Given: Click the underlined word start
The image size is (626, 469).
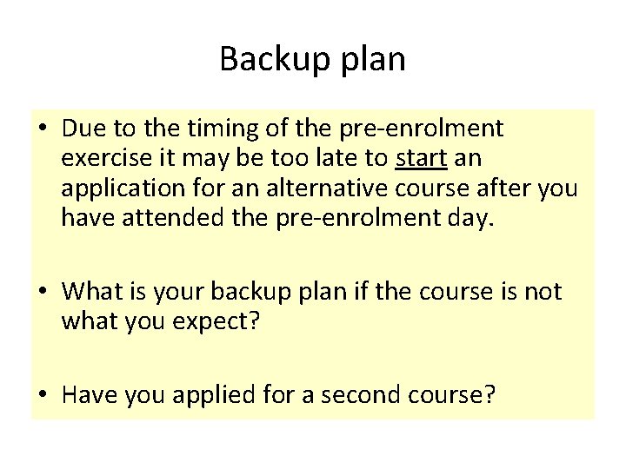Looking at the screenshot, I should tap(419, 160).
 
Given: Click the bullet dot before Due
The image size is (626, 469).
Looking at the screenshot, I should tap(42, 130).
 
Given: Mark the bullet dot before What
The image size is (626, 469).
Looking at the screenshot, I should tap(42, 292).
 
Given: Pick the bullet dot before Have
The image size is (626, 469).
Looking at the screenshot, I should tap(42, 396).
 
